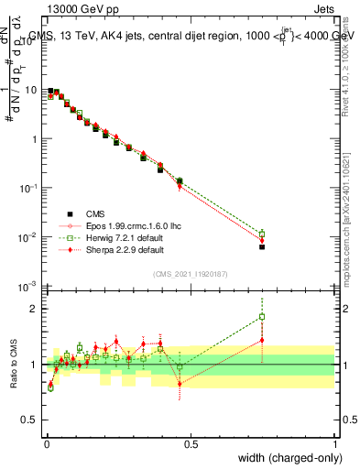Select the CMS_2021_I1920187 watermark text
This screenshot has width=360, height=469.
click(x=190, y=274)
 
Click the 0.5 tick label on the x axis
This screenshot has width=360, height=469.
click(x=191, y=443)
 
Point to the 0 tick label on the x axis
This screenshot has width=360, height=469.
click(x=46, y=443)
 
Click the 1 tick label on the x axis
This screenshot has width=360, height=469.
click(x=335, y=443)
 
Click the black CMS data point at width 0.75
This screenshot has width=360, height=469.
click(x=262, y=246)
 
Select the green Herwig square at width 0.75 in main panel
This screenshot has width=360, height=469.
click(x=262, y=234)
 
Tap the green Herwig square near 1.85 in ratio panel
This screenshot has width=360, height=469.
click(x=262, y=317)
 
